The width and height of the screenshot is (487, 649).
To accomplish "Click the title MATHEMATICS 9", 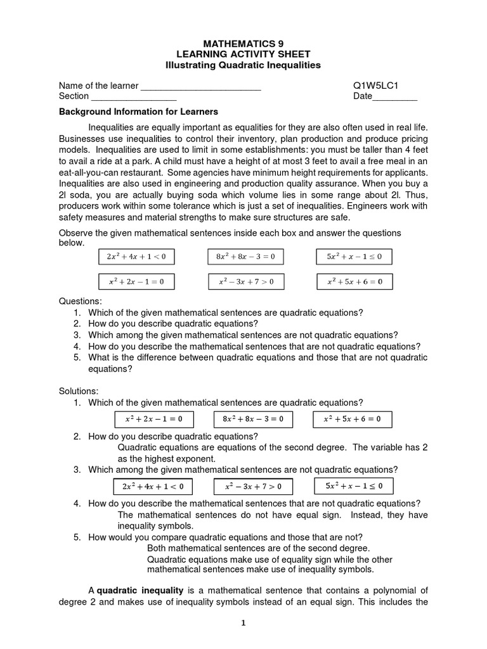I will coord(243,43).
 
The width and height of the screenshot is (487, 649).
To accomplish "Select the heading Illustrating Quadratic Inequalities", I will coord(243,65).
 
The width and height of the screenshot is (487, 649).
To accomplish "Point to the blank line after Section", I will coord(134,97).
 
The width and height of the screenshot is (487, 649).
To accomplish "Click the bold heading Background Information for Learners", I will coord(138,111).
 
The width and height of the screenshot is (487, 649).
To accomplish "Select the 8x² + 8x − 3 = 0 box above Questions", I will coord(245,257).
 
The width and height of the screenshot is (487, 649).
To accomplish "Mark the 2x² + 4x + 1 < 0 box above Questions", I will coord(136,257).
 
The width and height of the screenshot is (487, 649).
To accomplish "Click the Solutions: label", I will coord(79,391).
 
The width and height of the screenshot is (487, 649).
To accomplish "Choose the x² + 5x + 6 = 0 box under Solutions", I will coord(353,419).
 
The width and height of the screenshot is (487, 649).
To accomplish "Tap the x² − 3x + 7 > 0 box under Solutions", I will coord(253,487).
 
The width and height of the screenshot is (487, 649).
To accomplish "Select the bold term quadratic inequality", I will coord(140,591).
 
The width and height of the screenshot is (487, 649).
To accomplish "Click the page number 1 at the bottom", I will coord(243,623).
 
